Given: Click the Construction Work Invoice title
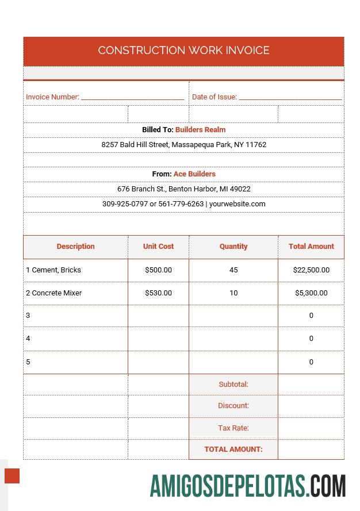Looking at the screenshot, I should pyautogui.click(x=183, y=51).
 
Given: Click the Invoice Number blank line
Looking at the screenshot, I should pyautogui.click(x=132, y=98).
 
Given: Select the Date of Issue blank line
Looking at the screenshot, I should pyautogui.click(x=290, y=98).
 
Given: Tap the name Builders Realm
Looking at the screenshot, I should pyautogui.click(x=200, y=130).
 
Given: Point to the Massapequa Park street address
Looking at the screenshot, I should pyautogui.click(x=183, y=145).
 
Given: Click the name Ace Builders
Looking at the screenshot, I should pyautogui.click(x=194, y=174).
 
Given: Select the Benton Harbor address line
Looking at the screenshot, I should pyautogui.click(x=183, y=189).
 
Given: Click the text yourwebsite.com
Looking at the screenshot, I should pyautogui.click(x=237, y=204).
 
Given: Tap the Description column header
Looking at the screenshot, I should pyautogui.click(x=75, y=247).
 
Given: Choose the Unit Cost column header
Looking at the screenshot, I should pyautogui.click(x=158, y=247).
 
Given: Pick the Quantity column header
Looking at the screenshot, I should pyautogui.click(x=233, y=247).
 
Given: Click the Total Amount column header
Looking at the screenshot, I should pyautogui.click(x=311, y=247).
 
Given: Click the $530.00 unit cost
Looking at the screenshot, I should pyautogui.click(x=158, y=293).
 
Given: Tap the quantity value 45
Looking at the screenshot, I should pyautogui.click(x=233, y=270).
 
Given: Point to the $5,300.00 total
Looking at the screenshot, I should pyautogui.click(x=311, y=293).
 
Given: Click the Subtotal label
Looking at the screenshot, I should pyautogui.click(x=233, y=385).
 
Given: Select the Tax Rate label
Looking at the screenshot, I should pyautogui.click(x=233, y=428).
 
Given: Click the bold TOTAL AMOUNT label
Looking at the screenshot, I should pyautogui.click(x=233, y=449).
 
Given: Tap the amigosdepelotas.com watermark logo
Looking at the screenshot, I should pyautogui.click(x=248, y=486).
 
